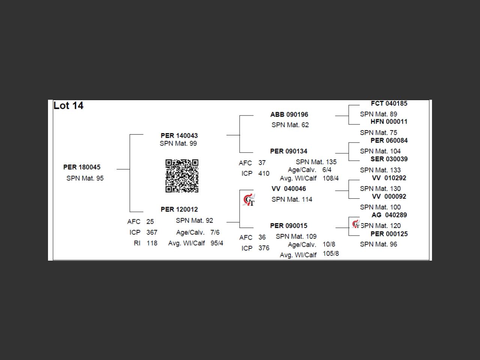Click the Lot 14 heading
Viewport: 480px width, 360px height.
(x=68, y=106)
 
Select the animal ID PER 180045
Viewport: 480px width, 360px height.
(x=82, y=167)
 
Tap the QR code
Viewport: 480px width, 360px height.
(x=182, y=176)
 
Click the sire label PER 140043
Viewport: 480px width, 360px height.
(x=179, y=136)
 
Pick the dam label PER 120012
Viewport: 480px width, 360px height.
(x=179, y=210)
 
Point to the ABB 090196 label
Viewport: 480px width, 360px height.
(x=289, y=115)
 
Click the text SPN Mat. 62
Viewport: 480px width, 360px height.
(x=290, y=125)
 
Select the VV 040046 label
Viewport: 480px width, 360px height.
(x=289, y=189)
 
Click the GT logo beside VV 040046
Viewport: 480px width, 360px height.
(x=249, y=200)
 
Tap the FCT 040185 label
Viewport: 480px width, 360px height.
(x=389, y=103)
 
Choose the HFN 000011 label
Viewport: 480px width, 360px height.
(x=389, y=121)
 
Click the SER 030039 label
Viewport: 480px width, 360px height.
(x=389, y=159)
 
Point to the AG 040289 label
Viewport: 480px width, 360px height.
(x=389, y=215)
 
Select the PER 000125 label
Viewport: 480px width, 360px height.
(x=389, y=234)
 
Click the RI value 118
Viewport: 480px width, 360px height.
(x=152, y=243)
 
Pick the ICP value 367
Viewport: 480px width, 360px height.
(x=152, y=232)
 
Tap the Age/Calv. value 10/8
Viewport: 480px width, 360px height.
(x=329, y=244)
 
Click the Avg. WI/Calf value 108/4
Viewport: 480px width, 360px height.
(x=330, y=178)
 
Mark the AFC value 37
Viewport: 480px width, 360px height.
(x=262, y=163)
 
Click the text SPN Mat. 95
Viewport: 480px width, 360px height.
(x=85, y=178)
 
